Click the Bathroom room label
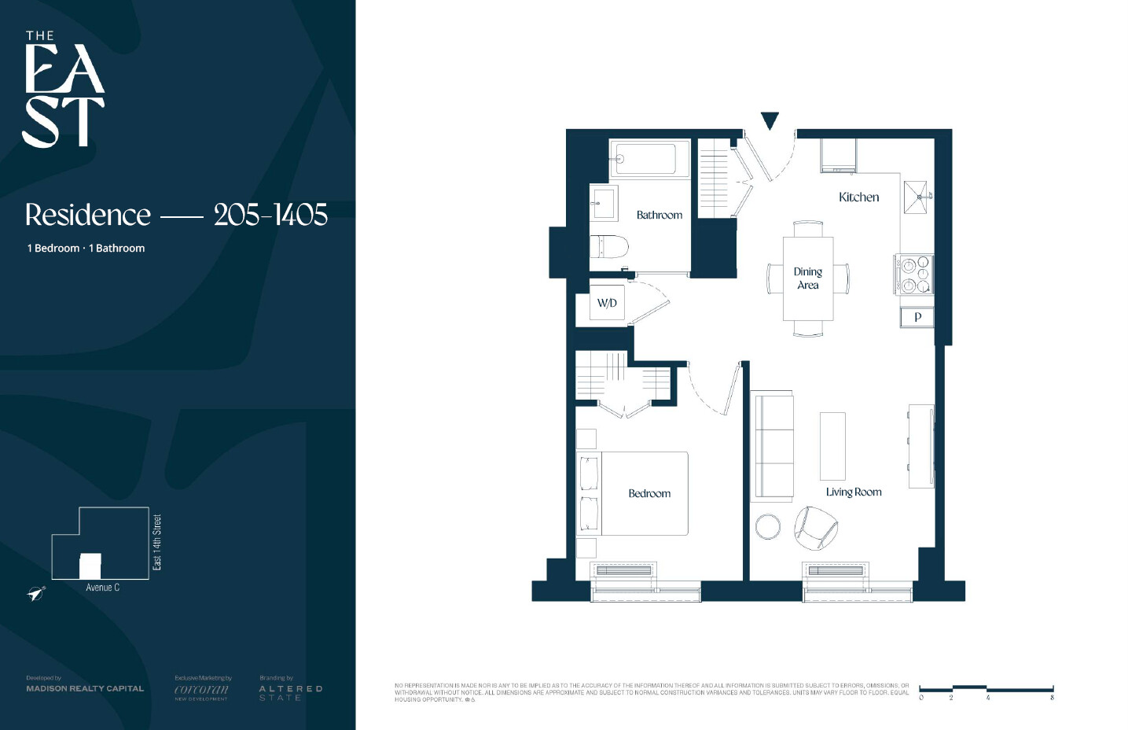coord(659,215)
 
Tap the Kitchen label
coord(858,197)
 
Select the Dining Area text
coord(807,278)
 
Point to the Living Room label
coord(853,492)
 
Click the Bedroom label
coord(649,494)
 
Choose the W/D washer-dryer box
coord(607,304)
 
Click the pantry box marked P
coord(917,317)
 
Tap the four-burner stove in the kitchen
coord(914,275)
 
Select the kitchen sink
coord(916,197)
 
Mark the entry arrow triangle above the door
coord(770,120)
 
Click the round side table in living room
coord(768,527)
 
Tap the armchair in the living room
coord(814,527)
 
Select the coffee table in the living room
coord(832,446)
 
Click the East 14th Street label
coord(157,543)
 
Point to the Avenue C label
coord(102,588)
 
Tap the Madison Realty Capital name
coord(85,688)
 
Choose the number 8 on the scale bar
coord(1052,698)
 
